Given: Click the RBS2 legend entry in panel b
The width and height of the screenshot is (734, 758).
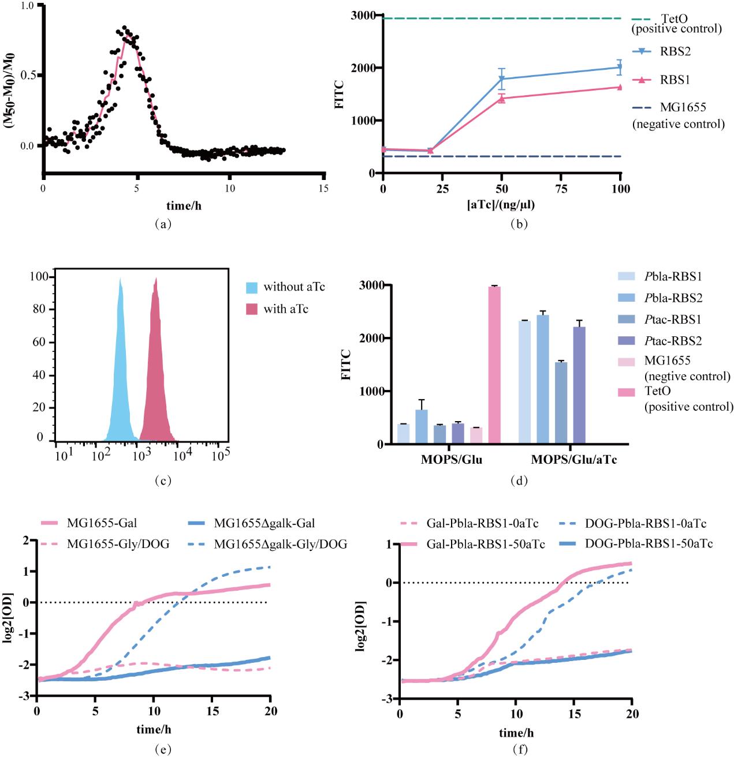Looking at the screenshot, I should [x=675, y=51].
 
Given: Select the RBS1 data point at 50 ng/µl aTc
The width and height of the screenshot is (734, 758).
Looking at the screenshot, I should [x=502, y=99].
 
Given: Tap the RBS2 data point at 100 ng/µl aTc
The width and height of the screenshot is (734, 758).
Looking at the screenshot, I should [x=620, y=67].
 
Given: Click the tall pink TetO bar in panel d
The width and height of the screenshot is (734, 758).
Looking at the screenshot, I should [x=494, y=365].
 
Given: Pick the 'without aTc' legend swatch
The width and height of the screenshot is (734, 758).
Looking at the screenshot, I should [x=252, y=287].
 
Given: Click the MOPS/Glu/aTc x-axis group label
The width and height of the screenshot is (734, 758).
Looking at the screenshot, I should [x=573, y=460].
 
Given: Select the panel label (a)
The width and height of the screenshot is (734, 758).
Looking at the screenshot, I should [x=163, y=224].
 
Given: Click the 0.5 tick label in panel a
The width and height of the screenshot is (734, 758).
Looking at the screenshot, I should [x=28, y=75].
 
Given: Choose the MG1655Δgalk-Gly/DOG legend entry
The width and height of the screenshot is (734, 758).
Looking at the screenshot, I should [x=280, y=544].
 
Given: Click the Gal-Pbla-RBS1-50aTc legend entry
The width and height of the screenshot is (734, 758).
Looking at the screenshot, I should [x=485, y=544].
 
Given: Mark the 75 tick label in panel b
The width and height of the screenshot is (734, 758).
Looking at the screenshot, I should [x=561, y=189].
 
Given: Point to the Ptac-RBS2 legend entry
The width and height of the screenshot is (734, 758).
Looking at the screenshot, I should [x=673, y=341].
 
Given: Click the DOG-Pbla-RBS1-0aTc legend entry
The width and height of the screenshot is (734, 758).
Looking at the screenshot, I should [x=645, y=524].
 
